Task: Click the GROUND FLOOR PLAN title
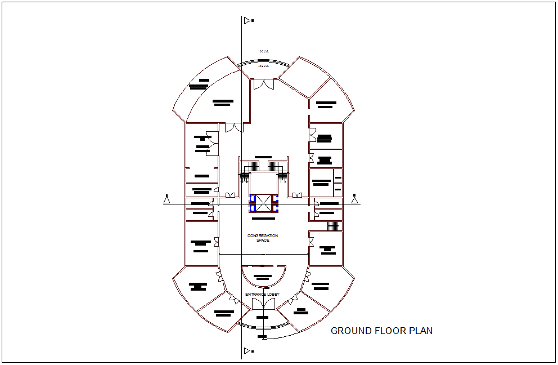click(381, 331)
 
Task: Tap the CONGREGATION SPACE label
click(263, 238)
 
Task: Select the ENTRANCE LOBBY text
click(263, 295)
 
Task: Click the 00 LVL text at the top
click(264, 51)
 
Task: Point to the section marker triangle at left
click(166, 199)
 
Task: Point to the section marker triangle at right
click(354, 199)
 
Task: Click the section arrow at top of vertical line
click(247, 21)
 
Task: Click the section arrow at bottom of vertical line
click(247, 351)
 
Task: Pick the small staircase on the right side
click(334, 226)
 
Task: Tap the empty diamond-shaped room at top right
click(298, 75)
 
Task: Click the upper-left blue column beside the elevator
click(253, 198)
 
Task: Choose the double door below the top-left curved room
click(231, 128)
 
